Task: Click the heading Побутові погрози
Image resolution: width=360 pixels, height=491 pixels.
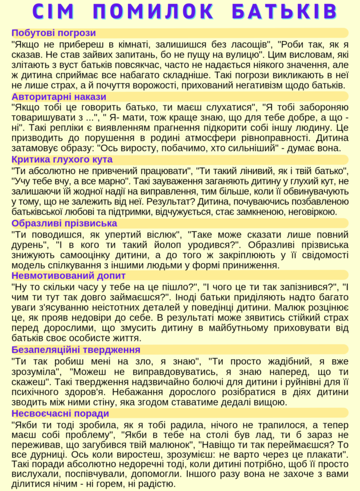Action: [x=54, y=33]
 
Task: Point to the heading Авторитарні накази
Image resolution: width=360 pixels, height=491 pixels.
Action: [x=59, y=96]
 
